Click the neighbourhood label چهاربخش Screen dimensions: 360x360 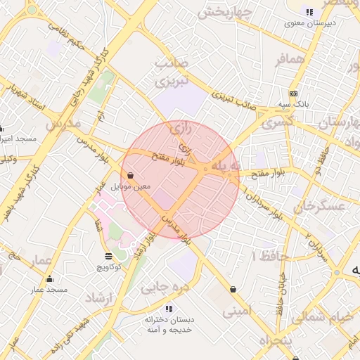click(224, 13)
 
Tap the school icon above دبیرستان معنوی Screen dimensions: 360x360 click(309, 12)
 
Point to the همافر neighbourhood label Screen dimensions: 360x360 click(291, 58)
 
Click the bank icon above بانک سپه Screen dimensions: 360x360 click(293, 94)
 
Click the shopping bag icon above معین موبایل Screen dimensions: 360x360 click(131, 176)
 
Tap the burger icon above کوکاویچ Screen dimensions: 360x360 click(108, 256)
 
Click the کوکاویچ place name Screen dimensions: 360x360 click(108, 267)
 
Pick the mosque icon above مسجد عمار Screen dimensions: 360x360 click(49, 279)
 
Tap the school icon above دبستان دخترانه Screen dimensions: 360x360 click(168, 308)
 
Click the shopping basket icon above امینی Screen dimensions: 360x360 click(233, 289)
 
